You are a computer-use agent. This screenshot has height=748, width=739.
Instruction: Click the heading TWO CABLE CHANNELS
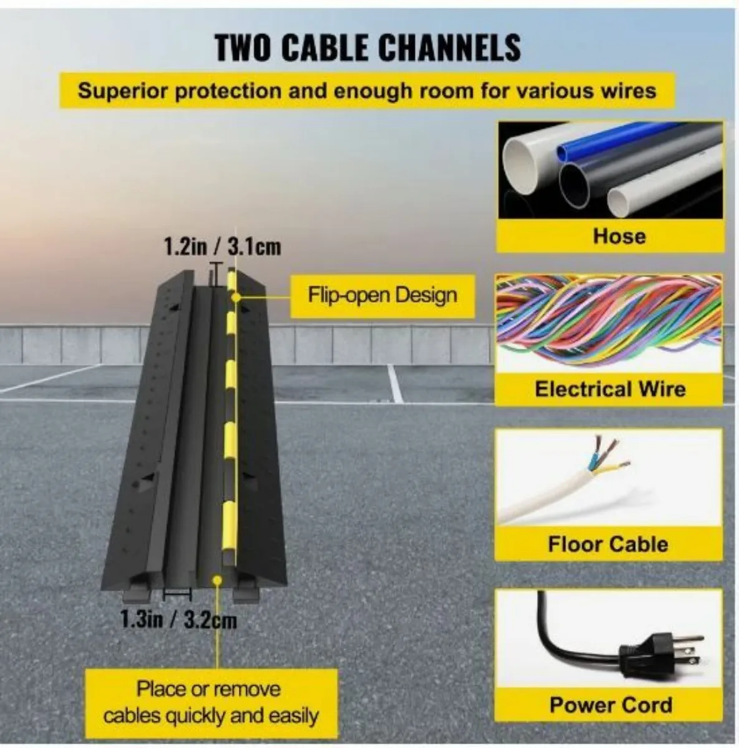[x=368, y=48]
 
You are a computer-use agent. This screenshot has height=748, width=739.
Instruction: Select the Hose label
[x=619, y=236]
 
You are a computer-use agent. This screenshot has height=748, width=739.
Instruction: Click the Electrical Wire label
[x=611, y=390]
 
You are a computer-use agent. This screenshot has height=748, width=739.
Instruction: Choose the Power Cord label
[x=611, y=704]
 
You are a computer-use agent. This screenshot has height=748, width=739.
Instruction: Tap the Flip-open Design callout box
[x=383, y=296]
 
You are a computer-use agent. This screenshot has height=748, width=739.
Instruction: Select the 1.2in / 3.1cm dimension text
[x=223, y=247]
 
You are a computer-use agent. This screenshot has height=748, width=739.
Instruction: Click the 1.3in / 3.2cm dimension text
[x=178, y=619]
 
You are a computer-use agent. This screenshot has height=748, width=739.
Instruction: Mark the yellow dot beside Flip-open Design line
[x=236, y=298]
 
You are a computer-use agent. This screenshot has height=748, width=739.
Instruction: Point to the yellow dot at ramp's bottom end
[x=218, y=580]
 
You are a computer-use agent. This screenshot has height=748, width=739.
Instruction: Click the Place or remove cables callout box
[x=211, y=702]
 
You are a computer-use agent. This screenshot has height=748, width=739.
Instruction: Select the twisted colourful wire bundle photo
[x=609, y=324]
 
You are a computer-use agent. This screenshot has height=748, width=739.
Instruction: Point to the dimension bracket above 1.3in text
[x=177, y=594]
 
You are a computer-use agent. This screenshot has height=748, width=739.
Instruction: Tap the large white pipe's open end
[x=521, y=167]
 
